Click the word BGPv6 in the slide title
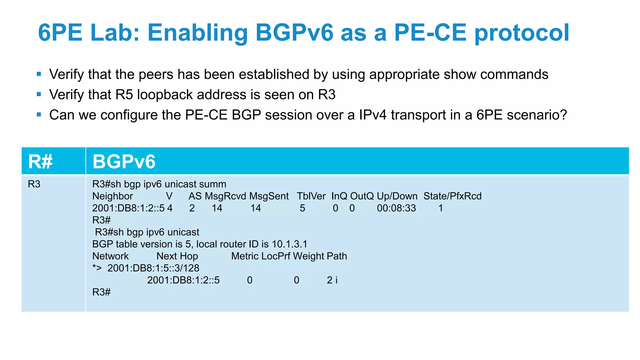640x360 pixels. pyautogui.click(x=294, y=32)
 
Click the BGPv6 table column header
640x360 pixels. pyautogui.click(x=124, y=162)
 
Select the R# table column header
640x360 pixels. pyautogui.click(x=40, y=162)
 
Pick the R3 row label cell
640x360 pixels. pyautogui.click(x=34, y=184)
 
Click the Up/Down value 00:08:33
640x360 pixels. pyautogui.click(x=396, y=208)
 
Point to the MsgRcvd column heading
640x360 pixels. pyautogui.click(x=225, y=196)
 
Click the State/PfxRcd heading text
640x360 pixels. pyautogui.click(x=452, y=196)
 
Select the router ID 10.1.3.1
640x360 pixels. pyautogui.click(x=289, y=244)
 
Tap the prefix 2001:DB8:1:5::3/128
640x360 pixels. pyautogui.click(x=153, y=268)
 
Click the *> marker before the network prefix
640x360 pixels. pyautogui.click(x=97, y=268)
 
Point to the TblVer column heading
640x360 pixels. pyautogui.click(x=311, y=196)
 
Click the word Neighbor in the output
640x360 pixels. pyautogui.click(x=112, y=196)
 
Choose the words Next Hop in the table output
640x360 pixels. pyautogui.click(x=177, y=256)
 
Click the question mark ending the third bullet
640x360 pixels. pyautogui.click(x=563, y=115)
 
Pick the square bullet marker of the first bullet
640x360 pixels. pyautogui.click(x=39, y=74)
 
